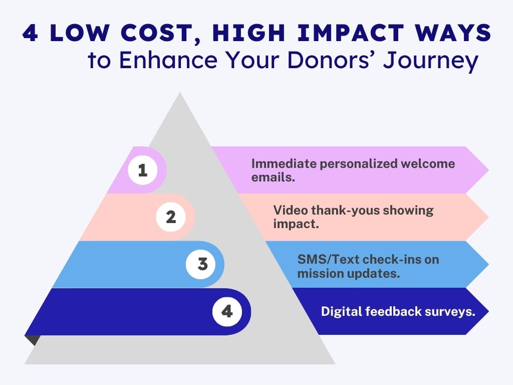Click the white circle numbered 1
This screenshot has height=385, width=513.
[x=143, y=170]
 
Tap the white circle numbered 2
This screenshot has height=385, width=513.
[x=171, y=217]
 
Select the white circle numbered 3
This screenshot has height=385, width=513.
[x=200, y=264]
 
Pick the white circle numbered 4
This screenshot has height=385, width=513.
[x=227, y=311]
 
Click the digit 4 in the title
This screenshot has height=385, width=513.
[x=30, y=33]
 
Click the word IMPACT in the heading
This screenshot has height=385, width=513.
[x=351, y=33]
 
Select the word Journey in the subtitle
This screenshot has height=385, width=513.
[x=431, y=61]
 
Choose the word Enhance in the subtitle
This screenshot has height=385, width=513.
[x=168, y=60]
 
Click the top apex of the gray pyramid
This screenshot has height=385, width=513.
[x=180, y=93]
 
